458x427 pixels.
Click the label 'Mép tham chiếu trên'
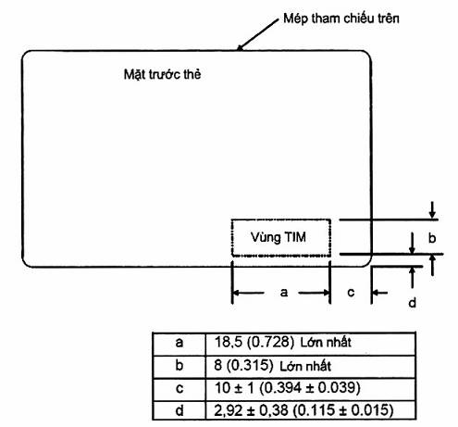tap(341, 19)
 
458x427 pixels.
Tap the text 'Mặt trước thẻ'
tap(162, 74)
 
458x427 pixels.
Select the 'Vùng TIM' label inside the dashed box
tap(279, 237)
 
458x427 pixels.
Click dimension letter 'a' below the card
tap(284, 292)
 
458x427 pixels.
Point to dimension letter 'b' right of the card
tap(432, 238)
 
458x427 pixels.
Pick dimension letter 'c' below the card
tap(351, 292)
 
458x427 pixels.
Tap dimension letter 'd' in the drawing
tap(413, 303)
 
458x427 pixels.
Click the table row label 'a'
tap(179, 343)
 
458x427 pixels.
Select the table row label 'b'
tap(179, 365)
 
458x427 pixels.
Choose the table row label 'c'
tap(179, 389)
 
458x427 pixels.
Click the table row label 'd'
tap(179, 410)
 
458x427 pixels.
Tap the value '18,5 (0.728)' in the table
tap(254, 342)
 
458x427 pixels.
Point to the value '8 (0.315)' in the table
tap(243, 365)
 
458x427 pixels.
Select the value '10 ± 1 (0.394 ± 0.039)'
tap(288, 388)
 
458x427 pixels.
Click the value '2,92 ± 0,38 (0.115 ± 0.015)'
tap(303, 410)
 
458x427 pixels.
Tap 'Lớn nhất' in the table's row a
tap(326, 343)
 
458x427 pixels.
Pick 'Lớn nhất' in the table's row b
tap(305, 366)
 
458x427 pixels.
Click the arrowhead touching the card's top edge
tap(241, 47)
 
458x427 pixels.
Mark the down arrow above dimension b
tap(432, 210)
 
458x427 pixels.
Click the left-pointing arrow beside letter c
tap(380, 292)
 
